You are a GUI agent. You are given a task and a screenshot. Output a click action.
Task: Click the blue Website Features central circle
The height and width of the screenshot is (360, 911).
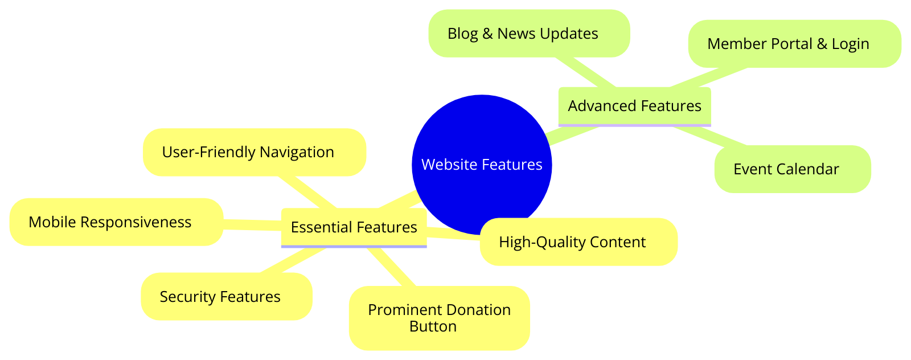click(482, 165)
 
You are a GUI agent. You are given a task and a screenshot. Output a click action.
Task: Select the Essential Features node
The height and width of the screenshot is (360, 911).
click(354, 227)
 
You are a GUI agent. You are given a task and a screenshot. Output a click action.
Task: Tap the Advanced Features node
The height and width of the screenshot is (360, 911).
click(634, 106)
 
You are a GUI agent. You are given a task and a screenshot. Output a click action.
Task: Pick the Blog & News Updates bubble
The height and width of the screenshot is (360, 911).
click(529, 34)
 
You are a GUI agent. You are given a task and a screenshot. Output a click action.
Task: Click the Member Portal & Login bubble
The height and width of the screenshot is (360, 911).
click(794, 44)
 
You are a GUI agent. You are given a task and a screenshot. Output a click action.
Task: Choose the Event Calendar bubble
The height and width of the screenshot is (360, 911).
click(792, 169)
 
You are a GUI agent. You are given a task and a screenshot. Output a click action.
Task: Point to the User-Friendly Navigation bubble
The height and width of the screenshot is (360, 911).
click(254, 152)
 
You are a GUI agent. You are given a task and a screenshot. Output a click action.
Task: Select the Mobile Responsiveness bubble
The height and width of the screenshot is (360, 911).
click(116, 222)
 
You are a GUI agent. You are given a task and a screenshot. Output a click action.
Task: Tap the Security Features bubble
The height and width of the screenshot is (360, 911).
click(227, 296)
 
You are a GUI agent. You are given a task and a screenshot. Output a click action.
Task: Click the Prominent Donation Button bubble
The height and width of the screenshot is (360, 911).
click(439, 318)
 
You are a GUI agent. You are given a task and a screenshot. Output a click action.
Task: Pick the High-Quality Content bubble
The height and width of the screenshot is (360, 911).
click(578, 242)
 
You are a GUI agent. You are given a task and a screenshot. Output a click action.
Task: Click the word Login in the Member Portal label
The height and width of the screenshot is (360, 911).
click(851, 44)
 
